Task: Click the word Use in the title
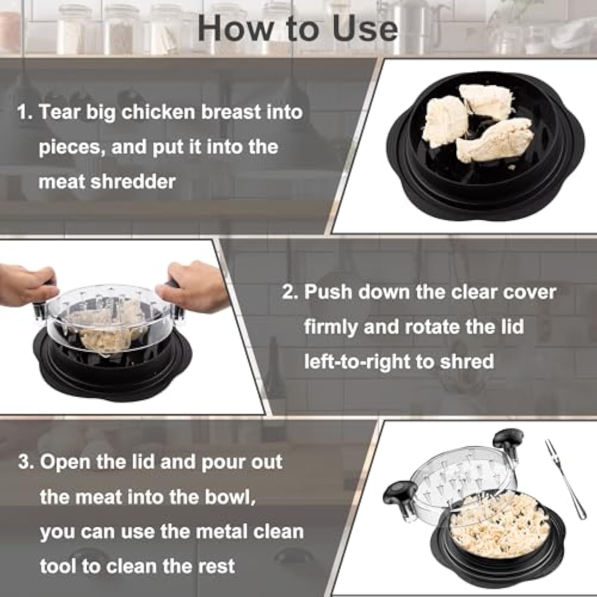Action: click(x=365, y=29)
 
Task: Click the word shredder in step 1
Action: click(x=133, y=182)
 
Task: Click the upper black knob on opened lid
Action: click(x=507, y=438)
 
